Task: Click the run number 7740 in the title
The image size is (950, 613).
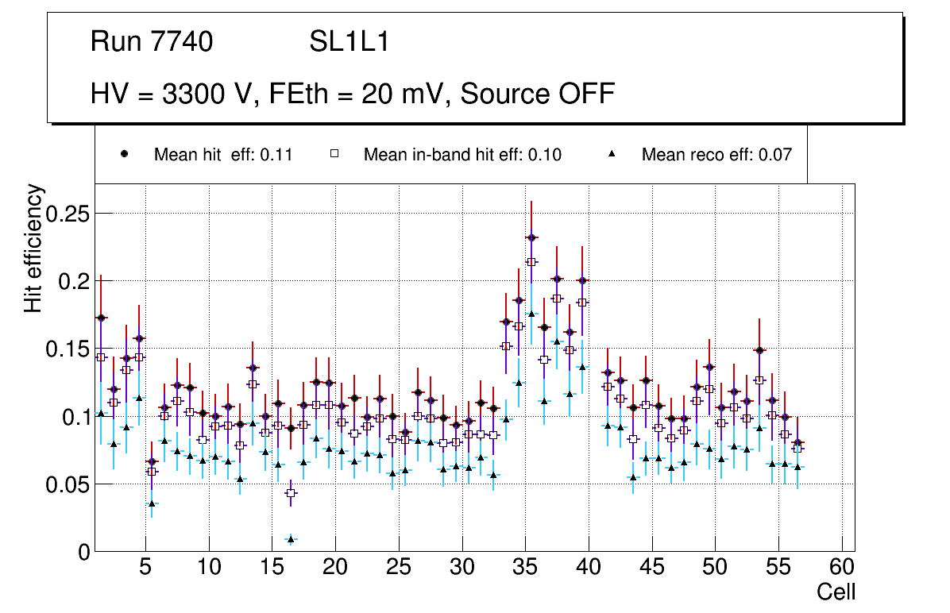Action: click(182, 42)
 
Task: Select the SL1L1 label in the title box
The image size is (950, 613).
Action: click(349, 42)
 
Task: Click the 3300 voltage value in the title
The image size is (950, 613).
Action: click(193, 94)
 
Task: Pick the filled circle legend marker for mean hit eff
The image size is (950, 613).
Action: click(125, 154)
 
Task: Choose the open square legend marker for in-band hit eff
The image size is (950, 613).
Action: click(334, 154)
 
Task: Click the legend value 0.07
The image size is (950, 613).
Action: click(774, 155)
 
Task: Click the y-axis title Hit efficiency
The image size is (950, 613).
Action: click(34, 248)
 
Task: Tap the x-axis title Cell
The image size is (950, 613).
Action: click(836, 592)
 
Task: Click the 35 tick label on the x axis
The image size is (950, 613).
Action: click(525, 568)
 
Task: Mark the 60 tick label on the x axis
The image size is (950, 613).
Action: click(841, 568)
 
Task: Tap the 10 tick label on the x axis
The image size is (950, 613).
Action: click(209, 568)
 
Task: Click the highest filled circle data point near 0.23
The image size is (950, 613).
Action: click(531, 237)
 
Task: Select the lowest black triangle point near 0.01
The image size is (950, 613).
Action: click(291, 539)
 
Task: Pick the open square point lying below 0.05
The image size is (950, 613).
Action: click(291, 493)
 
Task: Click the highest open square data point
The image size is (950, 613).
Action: click(531, 262)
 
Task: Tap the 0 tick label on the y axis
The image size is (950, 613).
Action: click(83, 552)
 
